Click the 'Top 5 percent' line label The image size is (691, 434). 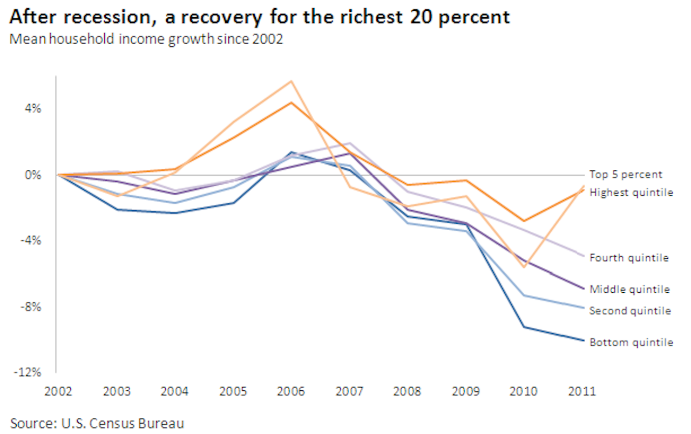625,175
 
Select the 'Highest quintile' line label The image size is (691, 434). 631,192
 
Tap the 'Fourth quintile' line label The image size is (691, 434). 629,258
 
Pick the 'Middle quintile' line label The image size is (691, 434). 629,290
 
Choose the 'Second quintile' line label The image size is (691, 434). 630,311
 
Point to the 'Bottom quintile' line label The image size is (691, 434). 631,342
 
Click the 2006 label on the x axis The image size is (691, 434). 290,391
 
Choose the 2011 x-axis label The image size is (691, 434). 582,391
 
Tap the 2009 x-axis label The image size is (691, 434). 465,391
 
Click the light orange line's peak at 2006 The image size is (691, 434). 291,81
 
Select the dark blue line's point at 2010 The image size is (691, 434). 524,327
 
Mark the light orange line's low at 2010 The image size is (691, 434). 524,267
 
